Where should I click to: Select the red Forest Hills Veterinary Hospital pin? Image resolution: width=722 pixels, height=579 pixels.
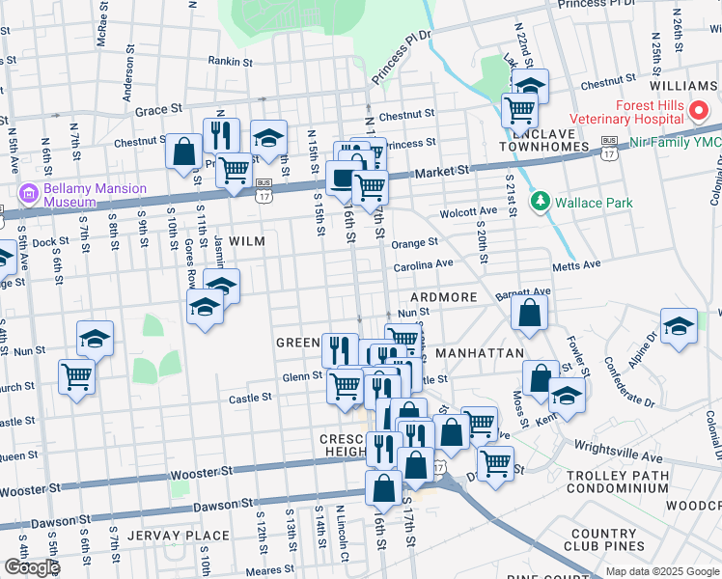(701, 112)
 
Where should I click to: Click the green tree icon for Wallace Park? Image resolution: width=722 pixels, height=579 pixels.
(541, 202)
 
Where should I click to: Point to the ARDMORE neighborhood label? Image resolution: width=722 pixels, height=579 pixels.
(443, 297)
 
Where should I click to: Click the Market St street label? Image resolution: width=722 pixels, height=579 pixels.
(442, 171)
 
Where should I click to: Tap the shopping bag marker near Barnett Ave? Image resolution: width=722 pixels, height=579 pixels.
(529, 312)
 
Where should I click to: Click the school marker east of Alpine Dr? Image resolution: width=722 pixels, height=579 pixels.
(679, 326)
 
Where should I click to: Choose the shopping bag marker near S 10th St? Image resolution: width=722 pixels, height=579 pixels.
(183, 152)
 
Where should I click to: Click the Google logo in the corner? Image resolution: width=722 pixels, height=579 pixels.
(32, 566)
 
